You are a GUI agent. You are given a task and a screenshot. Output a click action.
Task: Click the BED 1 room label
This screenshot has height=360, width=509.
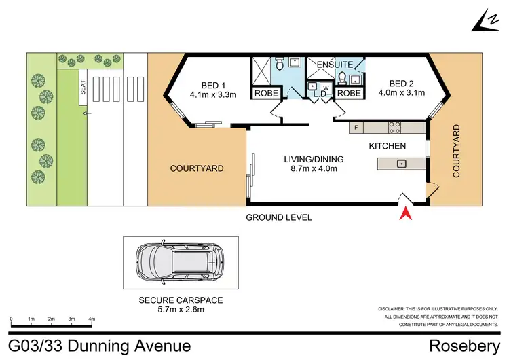(213, 85)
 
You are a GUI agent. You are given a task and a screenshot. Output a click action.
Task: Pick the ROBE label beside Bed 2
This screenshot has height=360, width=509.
(349, 93)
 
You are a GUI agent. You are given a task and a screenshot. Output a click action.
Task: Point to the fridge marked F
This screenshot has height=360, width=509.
(356, 127)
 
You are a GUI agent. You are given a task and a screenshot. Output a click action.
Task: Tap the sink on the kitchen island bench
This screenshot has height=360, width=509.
(402, 163)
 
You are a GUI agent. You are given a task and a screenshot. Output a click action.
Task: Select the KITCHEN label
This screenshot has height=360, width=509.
(387, 146)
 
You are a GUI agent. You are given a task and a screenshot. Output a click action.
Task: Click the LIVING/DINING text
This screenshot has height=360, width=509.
(314, 160)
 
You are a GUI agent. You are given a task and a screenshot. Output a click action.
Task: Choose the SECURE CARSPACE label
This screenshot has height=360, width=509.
(180, 300)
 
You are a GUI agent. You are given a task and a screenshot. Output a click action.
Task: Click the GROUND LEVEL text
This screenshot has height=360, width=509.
(279, 217)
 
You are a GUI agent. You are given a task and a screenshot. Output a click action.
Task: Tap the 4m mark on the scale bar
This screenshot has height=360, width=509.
(91, 319)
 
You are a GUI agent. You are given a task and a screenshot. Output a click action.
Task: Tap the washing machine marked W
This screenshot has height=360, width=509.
(326, 88)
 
